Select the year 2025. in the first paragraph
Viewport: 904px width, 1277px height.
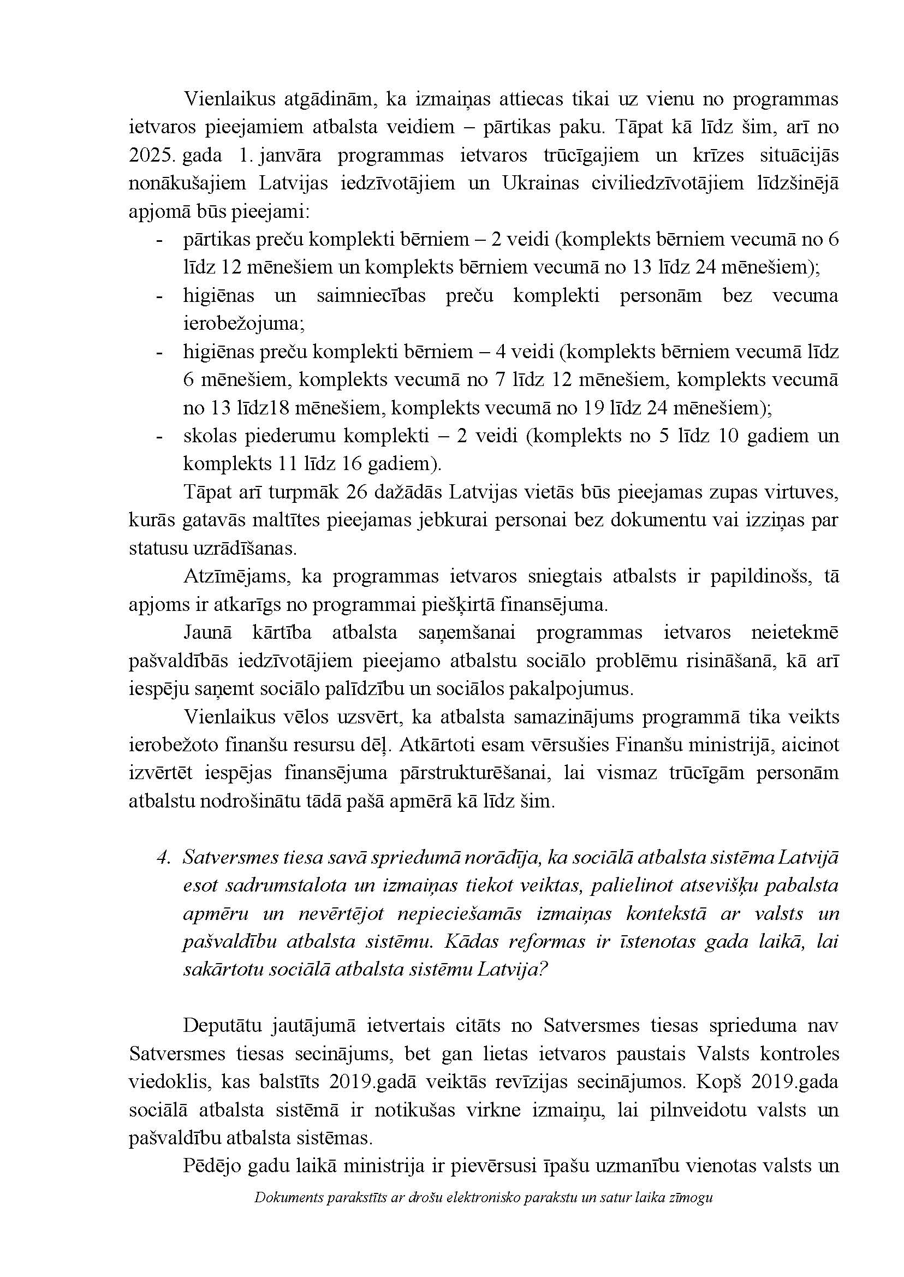(x=152, y=155)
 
